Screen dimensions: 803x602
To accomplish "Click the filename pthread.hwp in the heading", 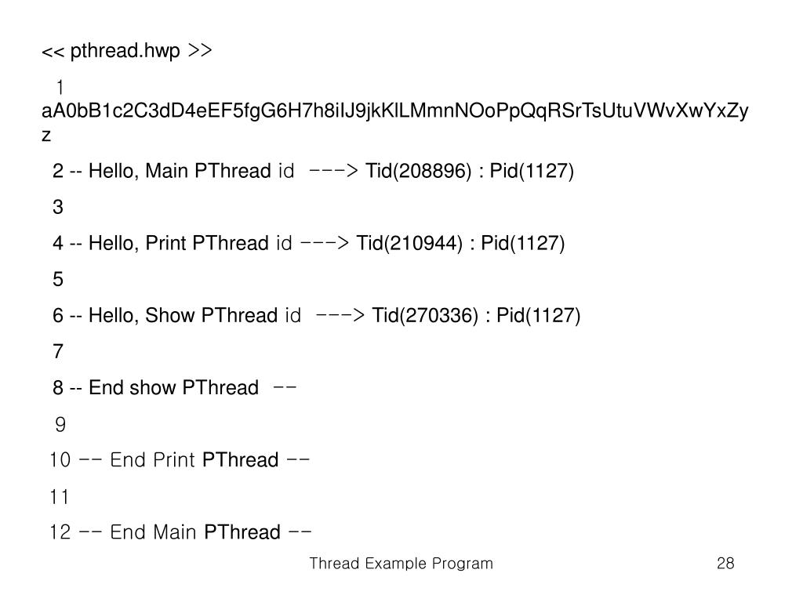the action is point(125,52).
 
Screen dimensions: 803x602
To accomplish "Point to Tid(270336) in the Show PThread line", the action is point(425,315).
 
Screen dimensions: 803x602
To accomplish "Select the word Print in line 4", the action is point(165,243).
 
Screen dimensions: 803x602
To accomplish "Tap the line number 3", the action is point(58,207).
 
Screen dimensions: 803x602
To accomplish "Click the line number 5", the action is point(58,279).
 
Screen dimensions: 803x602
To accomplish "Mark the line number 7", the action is point(58,351).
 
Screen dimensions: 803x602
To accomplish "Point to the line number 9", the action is point(60,425).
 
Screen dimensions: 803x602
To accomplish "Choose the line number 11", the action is point(59,497).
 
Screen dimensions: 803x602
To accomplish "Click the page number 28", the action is point(725,564).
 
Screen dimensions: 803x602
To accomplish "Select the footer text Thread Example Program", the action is point(401,564).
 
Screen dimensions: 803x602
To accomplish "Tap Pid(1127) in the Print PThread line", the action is point(523,243).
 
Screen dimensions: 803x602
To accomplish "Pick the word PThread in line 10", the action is point(240,460).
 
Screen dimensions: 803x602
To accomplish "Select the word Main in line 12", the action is point(175,533).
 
